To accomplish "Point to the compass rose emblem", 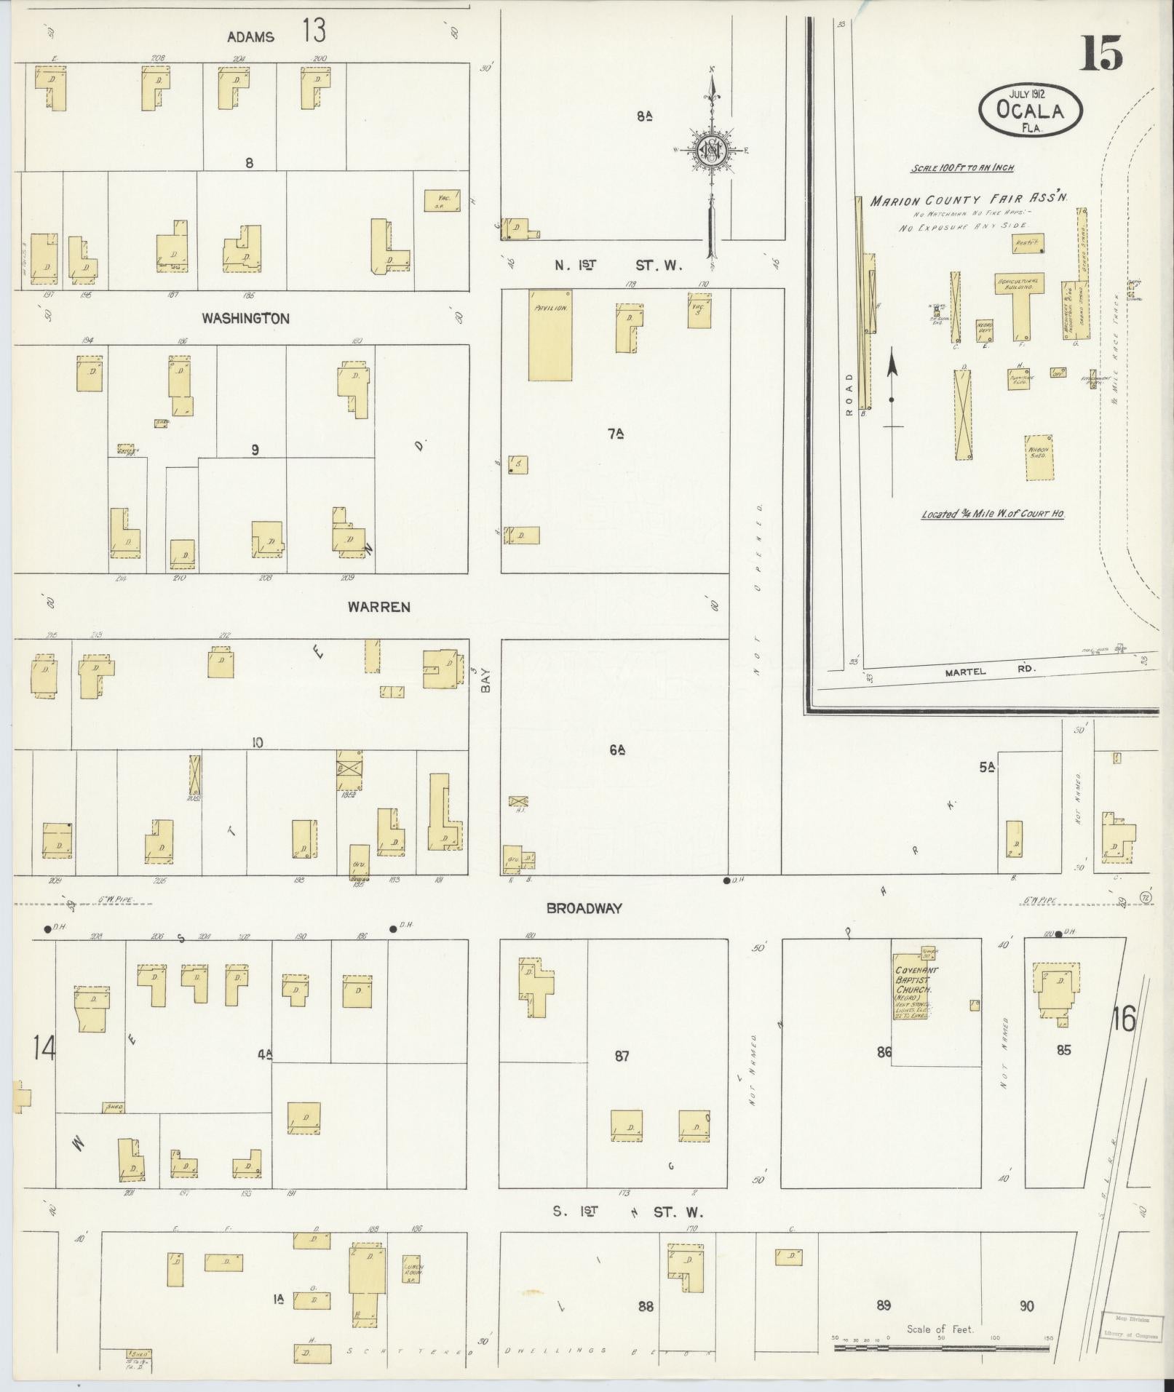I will pyautogui.click(x=709, y=151).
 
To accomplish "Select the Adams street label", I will pyautogui.click(x=250, y=36).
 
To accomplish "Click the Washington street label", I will pyautogui.click(x=245, y=318).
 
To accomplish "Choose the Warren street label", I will pyautogui.click(x=378, y=606).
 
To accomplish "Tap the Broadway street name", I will pyautogui.click(x=584, y=907).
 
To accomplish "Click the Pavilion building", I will pyautogui.click(x=550, y=335).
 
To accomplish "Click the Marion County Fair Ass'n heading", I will pyautogui.click(x=968, y=200).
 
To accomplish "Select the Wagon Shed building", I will pyautogui.click(x=1039, y=458).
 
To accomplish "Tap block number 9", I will pyautogui.click(x=255, y=450).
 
